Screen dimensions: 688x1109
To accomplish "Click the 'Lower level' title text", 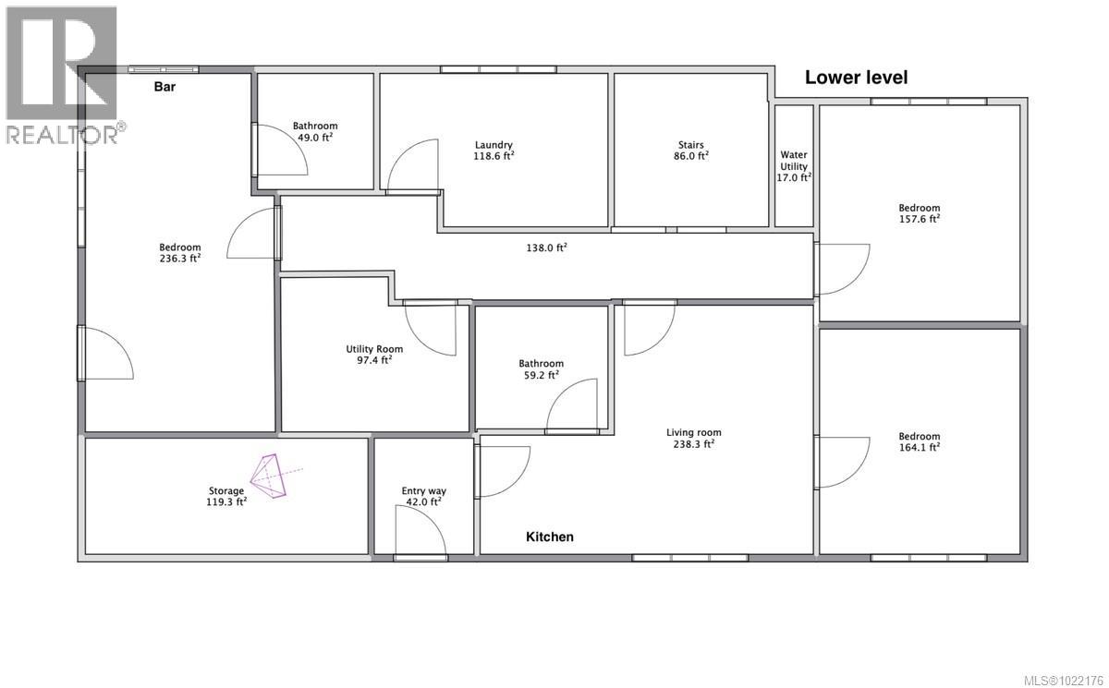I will coord(856,78).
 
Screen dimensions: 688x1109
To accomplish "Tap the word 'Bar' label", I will coord(165,88).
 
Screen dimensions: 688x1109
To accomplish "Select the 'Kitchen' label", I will coord(550,537).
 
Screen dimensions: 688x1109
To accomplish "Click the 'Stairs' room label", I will coord(690,145).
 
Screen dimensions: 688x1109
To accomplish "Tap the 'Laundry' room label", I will coord(494,145).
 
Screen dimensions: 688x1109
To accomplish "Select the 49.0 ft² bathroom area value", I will coord(315,138).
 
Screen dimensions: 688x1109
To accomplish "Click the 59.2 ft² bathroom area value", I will coord(541,375).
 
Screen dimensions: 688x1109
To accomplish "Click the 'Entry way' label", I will coord(423,491).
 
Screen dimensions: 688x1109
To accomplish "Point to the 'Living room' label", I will coord(693,432).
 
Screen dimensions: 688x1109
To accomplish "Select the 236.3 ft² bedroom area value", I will coord(180,259).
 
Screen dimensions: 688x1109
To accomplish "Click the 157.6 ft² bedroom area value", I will coord(919,220).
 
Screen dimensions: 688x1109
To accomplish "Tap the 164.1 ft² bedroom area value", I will coord(919,448).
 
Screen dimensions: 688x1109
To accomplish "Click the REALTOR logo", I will coord(60,74).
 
